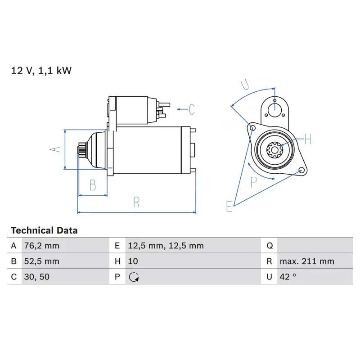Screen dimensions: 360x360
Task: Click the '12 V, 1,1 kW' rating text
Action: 41,71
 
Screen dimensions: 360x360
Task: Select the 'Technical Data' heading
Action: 44,230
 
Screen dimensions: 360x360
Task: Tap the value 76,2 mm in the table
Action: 41,246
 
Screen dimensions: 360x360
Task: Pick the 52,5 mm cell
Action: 41,261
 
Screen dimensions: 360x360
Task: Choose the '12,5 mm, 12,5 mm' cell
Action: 166,246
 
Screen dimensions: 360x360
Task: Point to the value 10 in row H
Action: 133,261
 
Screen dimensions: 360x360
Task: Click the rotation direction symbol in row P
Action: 133,277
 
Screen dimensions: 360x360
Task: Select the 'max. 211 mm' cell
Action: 306,261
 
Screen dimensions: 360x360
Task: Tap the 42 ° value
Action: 288,277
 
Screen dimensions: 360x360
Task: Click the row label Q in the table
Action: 269,246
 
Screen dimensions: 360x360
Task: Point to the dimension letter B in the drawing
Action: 92,185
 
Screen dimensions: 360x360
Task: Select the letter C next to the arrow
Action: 191,109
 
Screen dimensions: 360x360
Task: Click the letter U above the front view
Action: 245,84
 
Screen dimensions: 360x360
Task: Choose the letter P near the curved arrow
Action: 254,182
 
